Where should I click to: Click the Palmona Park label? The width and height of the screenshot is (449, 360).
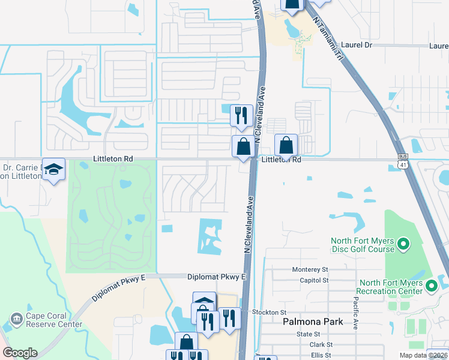(313, 322)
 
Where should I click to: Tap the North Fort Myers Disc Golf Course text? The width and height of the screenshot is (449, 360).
(363, 245)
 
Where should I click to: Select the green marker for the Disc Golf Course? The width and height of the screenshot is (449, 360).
(403, 244)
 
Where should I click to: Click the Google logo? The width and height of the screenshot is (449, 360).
(20, 352)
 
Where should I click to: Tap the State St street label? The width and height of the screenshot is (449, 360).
(308, 334)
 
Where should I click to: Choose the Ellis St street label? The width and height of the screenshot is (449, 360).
(321, 355)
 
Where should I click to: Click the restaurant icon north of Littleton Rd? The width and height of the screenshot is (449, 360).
(241, 115)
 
